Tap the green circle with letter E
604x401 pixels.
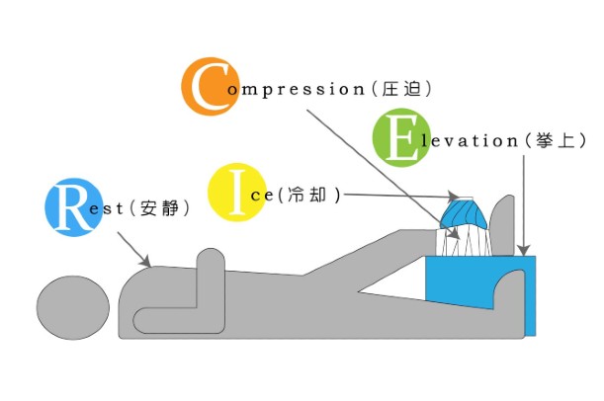click(401, 138)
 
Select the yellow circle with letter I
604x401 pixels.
click(234, 192)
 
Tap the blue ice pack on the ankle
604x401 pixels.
click(465, 213)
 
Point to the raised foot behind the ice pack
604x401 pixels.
click(503, 222)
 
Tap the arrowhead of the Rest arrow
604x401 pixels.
click(147, 264)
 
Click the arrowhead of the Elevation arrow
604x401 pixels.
click(525, 251)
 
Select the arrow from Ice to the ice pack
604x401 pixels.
click(395, 196)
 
